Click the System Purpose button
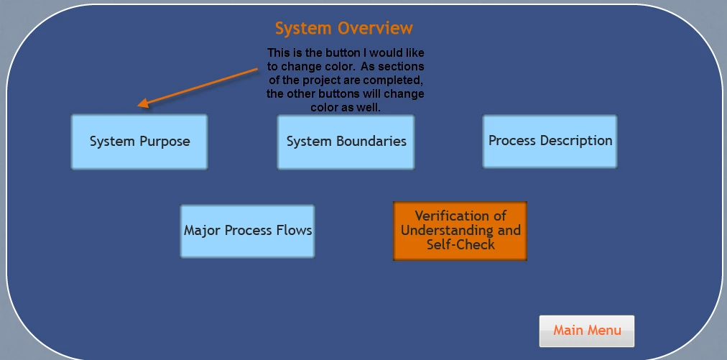[139, 142]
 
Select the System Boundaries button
[346, 142]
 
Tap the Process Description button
[550, 141]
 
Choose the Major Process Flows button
[248, 231]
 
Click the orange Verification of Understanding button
[460, 231]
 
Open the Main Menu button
[586, 331]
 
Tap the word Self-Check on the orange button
[461, 244]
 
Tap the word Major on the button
[200, 231]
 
